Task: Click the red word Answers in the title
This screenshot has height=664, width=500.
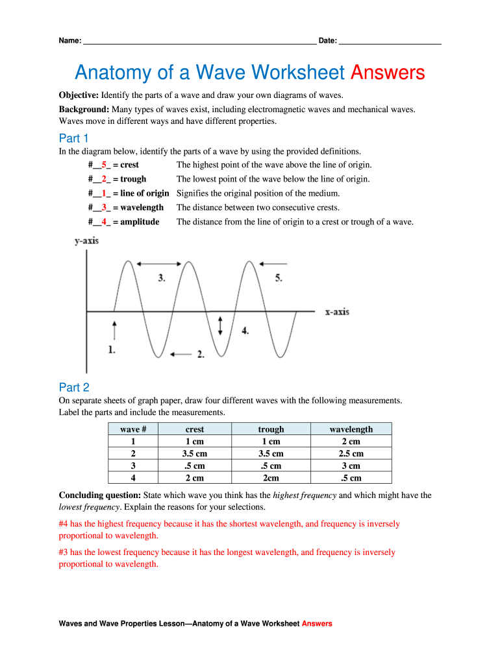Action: point(387,73)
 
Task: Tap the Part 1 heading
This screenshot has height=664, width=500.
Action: point(73,138)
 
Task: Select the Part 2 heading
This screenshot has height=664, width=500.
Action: point(73,388)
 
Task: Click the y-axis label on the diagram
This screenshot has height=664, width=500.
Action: point(86,241)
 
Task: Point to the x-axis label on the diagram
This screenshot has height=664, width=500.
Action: point(337,312)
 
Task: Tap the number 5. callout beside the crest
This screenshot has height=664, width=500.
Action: point(279,278)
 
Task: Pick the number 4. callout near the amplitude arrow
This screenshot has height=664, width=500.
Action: point(245,330)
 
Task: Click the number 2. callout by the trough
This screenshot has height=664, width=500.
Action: point(201,354)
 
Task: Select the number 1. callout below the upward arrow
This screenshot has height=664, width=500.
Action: point(112,350)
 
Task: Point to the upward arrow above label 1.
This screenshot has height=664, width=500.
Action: point(114,329)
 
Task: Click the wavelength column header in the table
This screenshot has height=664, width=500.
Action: point(351,429)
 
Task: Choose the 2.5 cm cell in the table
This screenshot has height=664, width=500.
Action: point(351,454)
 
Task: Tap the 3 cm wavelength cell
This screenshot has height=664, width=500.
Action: point(351,466)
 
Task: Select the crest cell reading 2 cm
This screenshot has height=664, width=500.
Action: point(194,478)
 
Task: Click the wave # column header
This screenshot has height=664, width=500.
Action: point(133,429)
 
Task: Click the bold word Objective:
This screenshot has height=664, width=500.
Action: point(79,95)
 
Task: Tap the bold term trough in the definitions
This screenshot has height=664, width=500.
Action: point(133,179)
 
